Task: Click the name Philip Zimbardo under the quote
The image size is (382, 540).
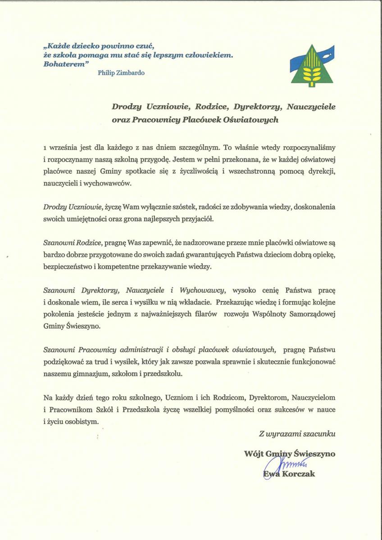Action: click(121, 72)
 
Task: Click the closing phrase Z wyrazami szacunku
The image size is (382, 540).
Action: click(297, 434)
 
